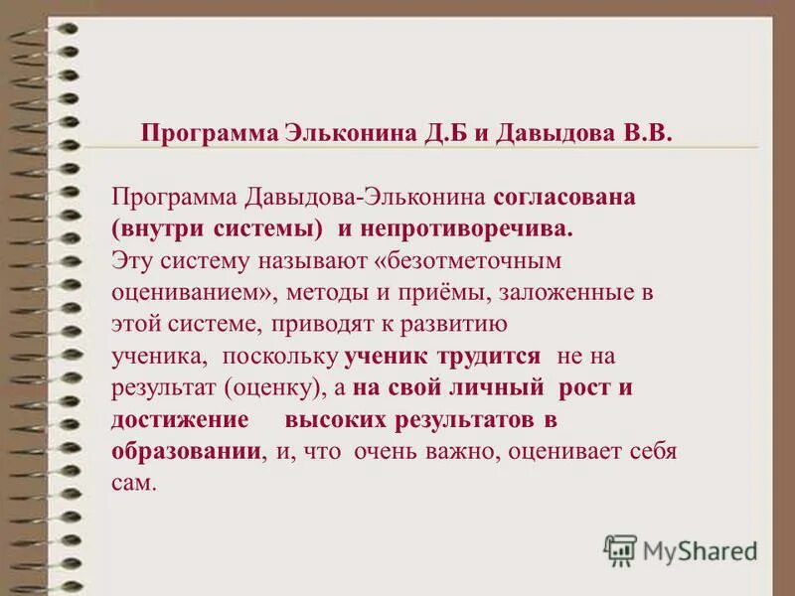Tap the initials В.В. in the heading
coord(646,133)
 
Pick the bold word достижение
coord(179,419)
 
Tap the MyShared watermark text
coord(700,548)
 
